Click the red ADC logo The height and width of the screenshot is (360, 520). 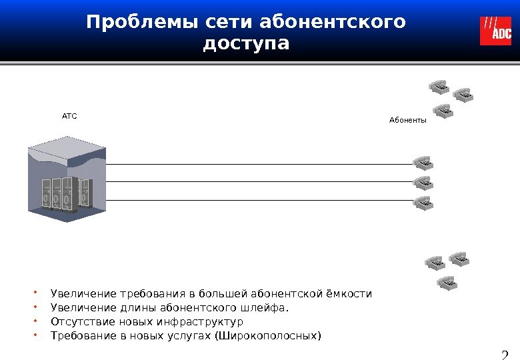pos(495,31)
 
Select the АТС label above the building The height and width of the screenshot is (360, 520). pos(69,116)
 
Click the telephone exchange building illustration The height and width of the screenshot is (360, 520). pos(67,178)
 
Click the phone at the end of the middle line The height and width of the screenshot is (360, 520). pos(423,183)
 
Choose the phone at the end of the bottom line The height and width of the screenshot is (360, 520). pos(423,202)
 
